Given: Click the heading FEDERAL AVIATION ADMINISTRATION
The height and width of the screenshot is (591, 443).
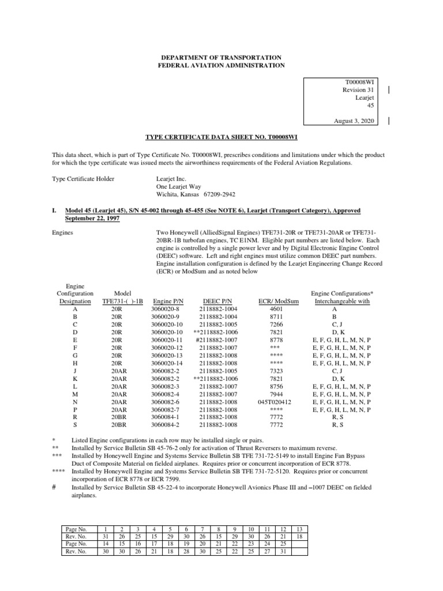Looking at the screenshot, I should click(x=222, y=66).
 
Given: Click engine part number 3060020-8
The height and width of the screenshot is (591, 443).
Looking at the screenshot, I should click(x=167, y=309).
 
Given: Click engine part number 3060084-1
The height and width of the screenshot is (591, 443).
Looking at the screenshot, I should click(x=167, y=416).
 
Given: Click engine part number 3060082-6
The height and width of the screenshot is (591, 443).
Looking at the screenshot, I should click(x=167, y=401).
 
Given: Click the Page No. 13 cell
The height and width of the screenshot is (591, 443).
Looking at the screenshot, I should click(x=298, y=529).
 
